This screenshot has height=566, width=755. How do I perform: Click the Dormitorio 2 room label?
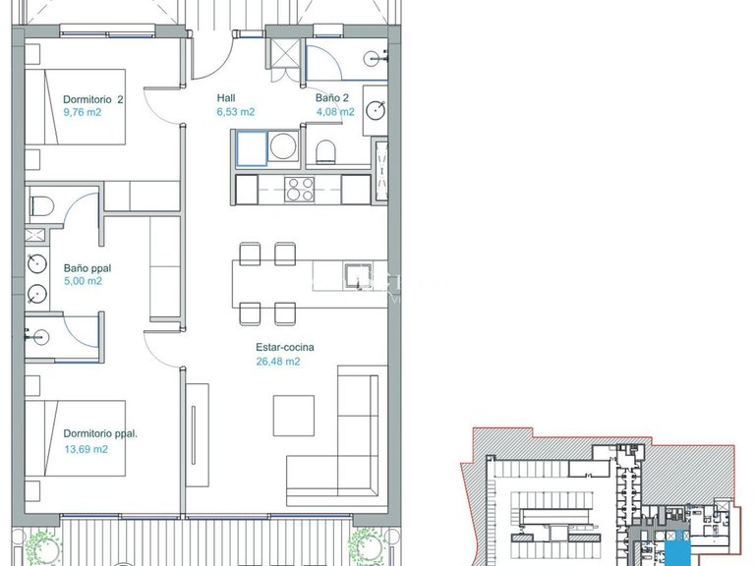92,99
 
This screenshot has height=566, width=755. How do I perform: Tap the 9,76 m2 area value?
83,112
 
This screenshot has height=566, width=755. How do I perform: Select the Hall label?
226,99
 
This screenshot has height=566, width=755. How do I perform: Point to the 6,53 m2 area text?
236,112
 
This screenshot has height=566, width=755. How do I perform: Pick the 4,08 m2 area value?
335,112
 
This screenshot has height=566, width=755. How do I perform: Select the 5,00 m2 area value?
83,281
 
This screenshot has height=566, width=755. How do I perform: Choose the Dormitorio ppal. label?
99,433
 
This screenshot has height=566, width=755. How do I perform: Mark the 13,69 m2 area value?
86,449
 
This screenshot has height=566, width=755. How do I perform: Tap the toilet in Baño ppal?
42,207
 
